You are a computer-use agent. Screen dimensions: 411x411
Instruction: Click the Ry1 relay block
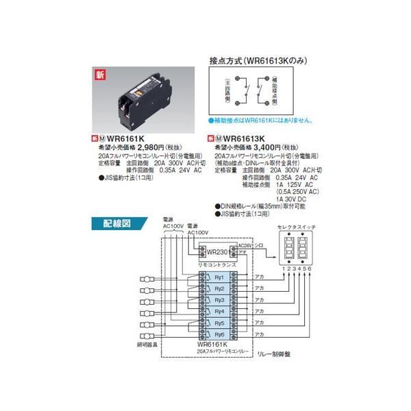tap(219, 278)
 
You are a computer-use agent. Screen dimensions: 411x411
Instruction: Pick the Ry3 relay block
tap(219, 300)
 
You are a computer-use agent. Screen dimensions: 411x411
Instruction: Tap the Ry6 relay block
tap(219, 334)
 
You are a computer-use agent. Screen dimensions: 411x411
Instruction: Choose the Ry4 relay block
tap(219, 312)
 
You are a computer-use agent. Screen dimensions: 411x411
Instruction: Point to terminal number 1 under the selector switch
tap(282, 269)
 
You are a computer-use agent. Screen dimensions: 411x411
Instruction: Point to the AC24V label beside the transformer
tap(246, 245)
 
